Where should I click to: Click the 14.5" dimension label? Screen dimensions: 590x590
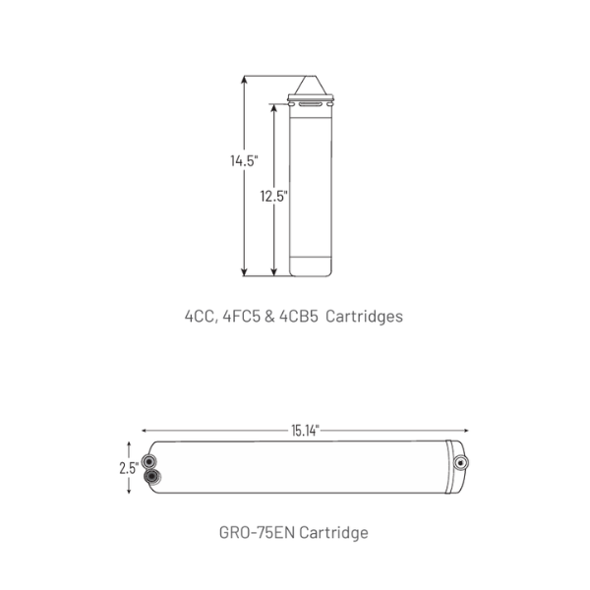coord(244,160)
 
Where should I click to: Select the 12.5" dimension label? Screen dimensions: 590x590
coord(274,196)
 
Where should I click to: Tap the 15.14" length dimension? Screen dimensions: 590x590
coord(305,431)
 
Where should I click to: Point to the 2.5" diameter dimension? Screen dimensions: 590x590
coord(129,468)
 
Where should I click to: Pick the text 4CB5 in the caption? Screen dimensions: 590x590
coord(299,316)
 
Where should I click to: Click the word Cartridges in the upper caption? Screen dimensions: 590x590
coord(364,317)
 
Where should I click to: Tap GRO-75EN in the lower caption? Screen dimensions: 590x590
coord(257,532)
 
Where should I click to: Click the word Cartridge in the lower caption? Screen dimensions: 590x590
coord(333,533)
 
